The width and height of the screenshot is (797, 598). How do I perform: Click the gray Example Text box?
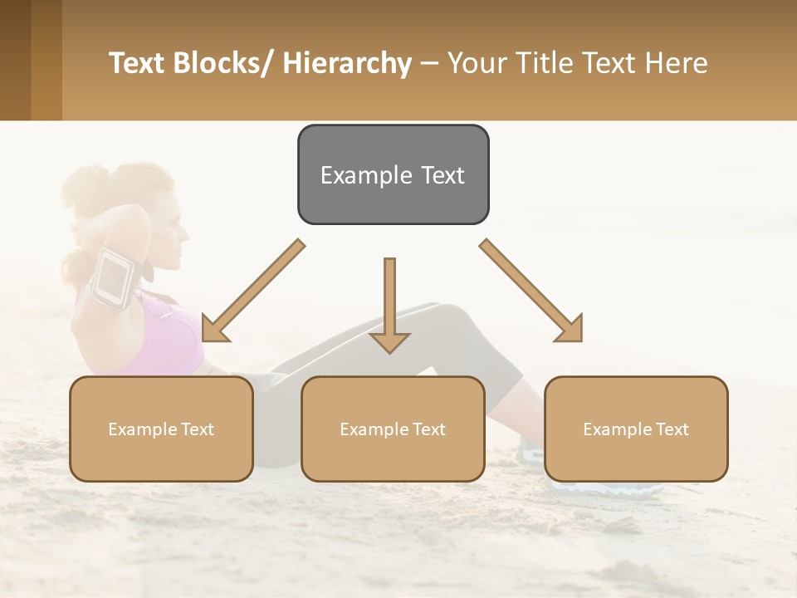tap(393, 174)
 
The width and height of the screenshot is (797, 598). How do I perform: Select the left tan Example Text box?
tap(161, 429)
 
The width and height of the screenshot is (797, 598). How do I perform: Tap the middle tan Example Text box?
tap(393, 429)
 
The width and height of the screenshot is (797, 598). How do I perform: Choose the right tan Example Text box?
tap(636, 429)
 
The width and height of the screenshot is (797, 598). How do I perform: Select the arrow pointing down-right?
tap(531, 291)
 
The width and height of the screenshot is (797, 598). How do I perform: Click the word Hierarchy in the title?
tap(347, 63)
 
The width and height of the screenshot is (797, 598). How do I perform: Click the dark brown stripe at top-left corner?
tap(15, 60)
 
